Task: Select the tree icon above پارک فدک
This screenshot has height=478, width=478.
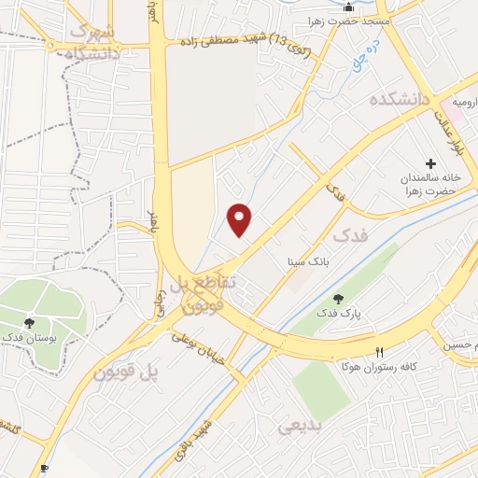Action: pyautogui.click(x=337, y=299)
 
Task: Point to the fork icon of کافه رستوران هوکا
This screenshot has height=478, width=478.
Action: pyautogui.click(x=378, y=352)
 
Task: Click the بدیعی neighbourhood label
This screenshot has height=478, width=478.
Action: pyautogui.click(x=301, y=428)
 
